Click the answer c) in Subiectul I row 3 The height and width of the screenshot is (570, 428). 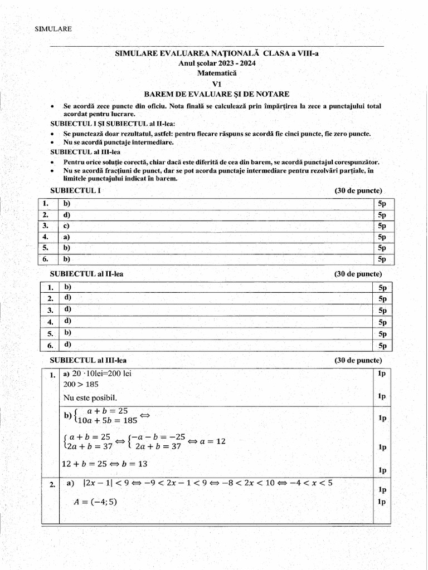(x=66, y=226)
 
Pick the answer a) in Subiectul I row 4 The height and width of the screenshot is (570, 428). (x=66, y=237)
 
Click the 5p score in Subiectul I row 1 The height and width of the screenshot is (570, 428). (x=382, y=204)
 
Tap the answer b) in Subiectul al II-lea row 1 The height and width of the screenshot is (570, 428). (x=67, y=287)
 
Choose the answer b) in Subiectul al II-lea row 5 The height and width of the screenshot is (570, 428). (x=67, y=333)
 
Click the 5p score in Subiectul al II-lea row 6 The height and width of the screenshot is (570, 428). (x=382, y=346)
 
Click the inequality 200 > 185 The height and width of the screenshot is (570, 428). (x=80, y=384)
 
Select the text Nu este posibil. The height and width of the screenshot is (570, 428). (x=90, y=398)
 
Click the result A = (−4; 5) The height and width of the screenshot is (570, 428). (x=95, y=502)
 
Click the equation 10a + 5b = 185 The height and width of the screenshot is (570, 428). (x=105, y=420)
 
